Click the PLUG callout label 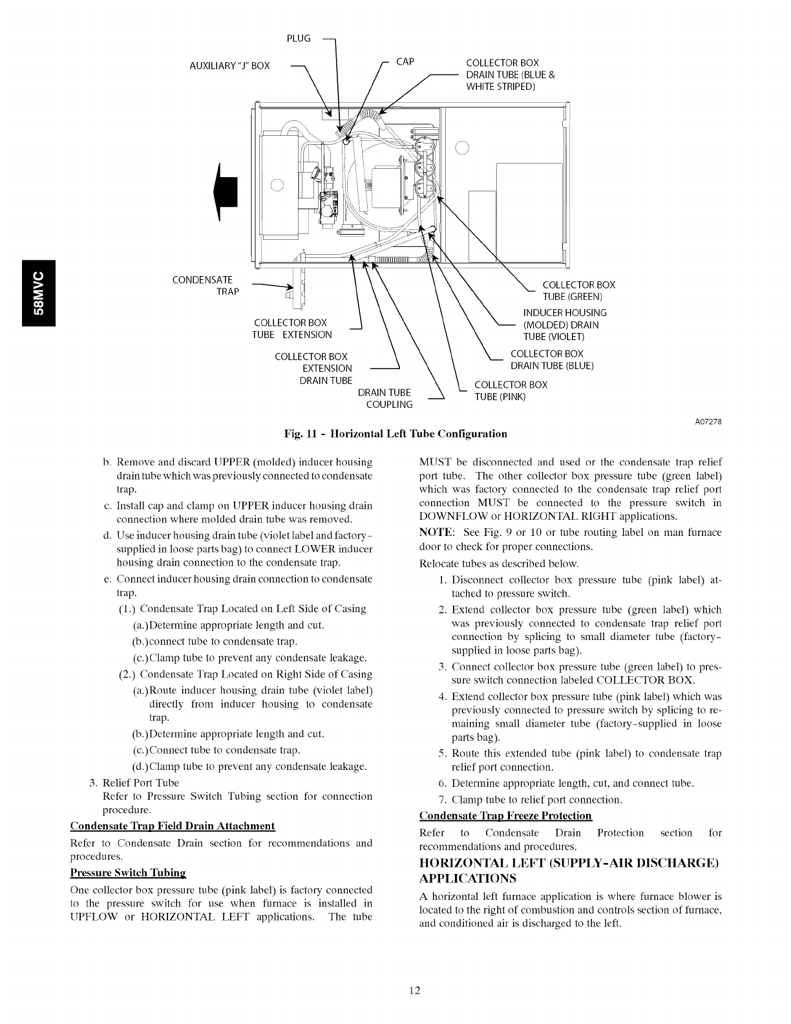pos(298,39)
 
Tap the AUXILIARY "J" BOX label pos(230,65)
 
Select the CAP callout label pos(405,61)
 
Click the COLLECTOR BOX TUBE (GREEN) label pos(578,291)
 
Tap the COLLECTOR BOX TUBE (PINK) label pos(511,390)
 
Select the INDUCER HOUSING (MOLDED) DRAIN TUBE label pos(564,325)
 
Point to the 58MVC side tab pos(40,293)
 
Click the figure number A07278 pos(708,422)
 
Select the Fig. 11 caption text pos(395,433)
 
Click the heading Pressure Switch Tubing pos(127,873)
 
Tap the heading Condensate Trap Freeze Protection pos(505,816)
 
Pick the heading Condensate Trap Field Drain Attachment pos(173,826)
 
